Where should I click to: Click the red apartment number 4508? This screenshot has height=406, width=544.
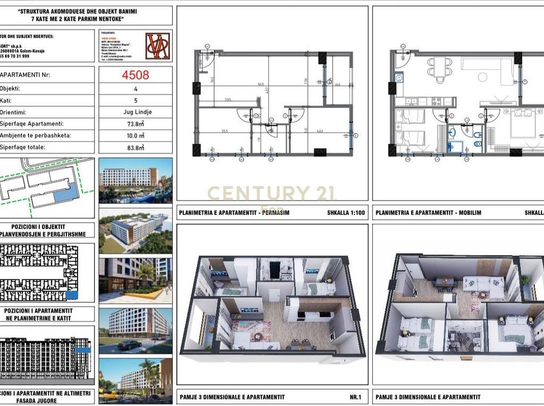point(135,75)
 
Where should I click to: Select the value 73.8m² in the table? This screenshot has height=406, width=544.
point(135,123)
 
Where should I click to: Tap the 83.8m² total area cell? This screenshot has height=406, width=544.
point(135,147)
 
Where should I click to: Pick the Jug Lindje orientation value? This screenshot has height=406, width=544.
point(135,112)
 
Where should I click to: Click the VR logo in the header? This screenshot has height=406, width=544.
point(158,46)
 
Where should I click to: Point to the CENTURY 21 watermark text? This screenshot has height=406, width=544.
point(271,193)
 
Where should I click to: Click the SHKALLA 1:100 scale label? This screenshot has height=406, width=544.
point(345,213)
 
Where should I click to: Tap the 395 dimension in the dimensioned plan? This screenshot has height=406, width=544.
point(227,100)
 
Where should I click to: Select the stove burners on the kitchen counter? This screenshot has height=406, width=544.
point(437,101)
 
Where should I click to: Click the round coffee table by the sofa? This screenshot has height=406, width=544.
point(482,77)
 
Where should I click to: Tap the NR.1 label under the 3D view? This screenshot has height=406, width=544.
point(355,397)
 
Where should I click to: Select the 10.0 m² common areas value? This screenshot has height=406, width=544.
point(135,135)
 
